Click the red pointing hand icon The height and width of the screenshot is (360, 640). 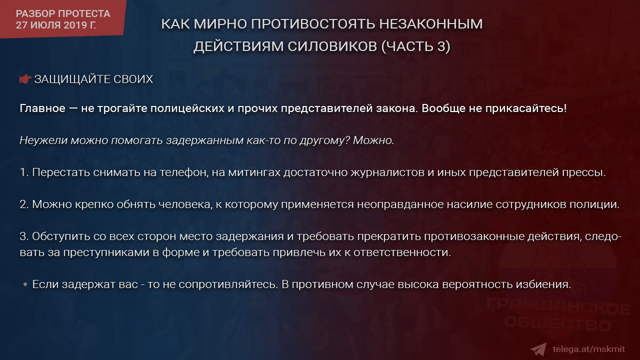click(x=25, y=79)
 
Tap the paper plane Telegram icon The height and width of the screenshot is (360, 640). click(x=538, y=349)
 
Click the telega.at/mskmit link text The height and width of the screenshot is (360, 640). click(x=588, y=349)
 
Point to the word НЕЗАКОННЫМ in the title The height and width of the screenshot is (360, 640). click(x=431, y=23)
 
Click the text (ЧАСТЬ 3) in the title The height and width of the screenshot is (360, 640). click(x=415, y=46)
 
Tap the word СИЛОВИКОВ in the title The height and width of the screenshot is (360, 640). click(x=332, y=46)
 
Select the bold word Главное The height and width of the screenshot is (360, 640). click(x=42, y=108)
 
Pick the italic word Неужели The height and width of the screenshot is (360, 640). click(x=43, y=140)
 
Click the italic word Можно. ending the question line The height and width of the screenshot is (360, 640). click(x=373, y=140)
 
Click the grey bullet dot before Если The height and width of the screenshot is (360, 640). click(x=25, y=284)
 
